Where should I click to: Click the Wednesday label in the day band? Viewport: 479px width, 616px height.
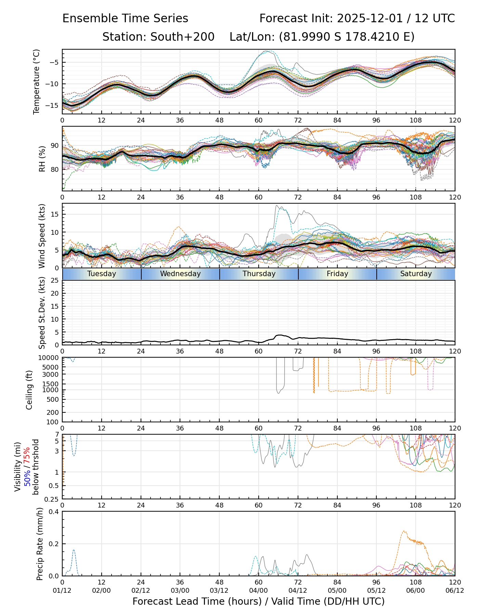point(180,274)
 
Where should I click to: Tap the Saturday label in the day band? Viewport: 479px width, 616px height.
point(416,274)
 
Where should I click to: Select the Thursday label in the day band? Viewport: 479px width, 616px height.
point(259,274)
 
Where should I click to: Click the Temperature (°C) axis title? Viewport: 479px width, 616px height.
point(37,81)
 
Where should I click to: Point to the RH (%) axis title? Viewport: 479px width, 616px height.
point(42,158)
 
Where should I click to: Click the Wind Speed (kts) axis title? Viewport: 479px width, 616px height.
point(42,236)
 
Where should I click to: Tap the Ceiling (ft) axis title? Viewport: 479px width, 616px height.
point(29,390)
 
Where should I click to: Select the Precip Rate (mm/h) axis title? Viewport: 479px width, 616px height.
point(40,544)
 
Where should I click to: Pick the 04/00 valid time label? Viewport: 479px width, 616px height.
point(259,590)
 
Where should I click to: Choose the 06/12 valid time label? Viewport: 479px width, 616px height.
point(455,590)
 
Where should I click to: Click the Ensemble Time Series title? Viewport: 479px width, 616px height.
point(125,18)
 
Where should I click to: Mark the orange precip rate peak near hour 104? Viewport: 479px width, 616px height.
point(404,531)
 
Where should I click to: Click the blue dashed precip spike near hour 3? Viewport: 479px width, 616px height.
point(74,550)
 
